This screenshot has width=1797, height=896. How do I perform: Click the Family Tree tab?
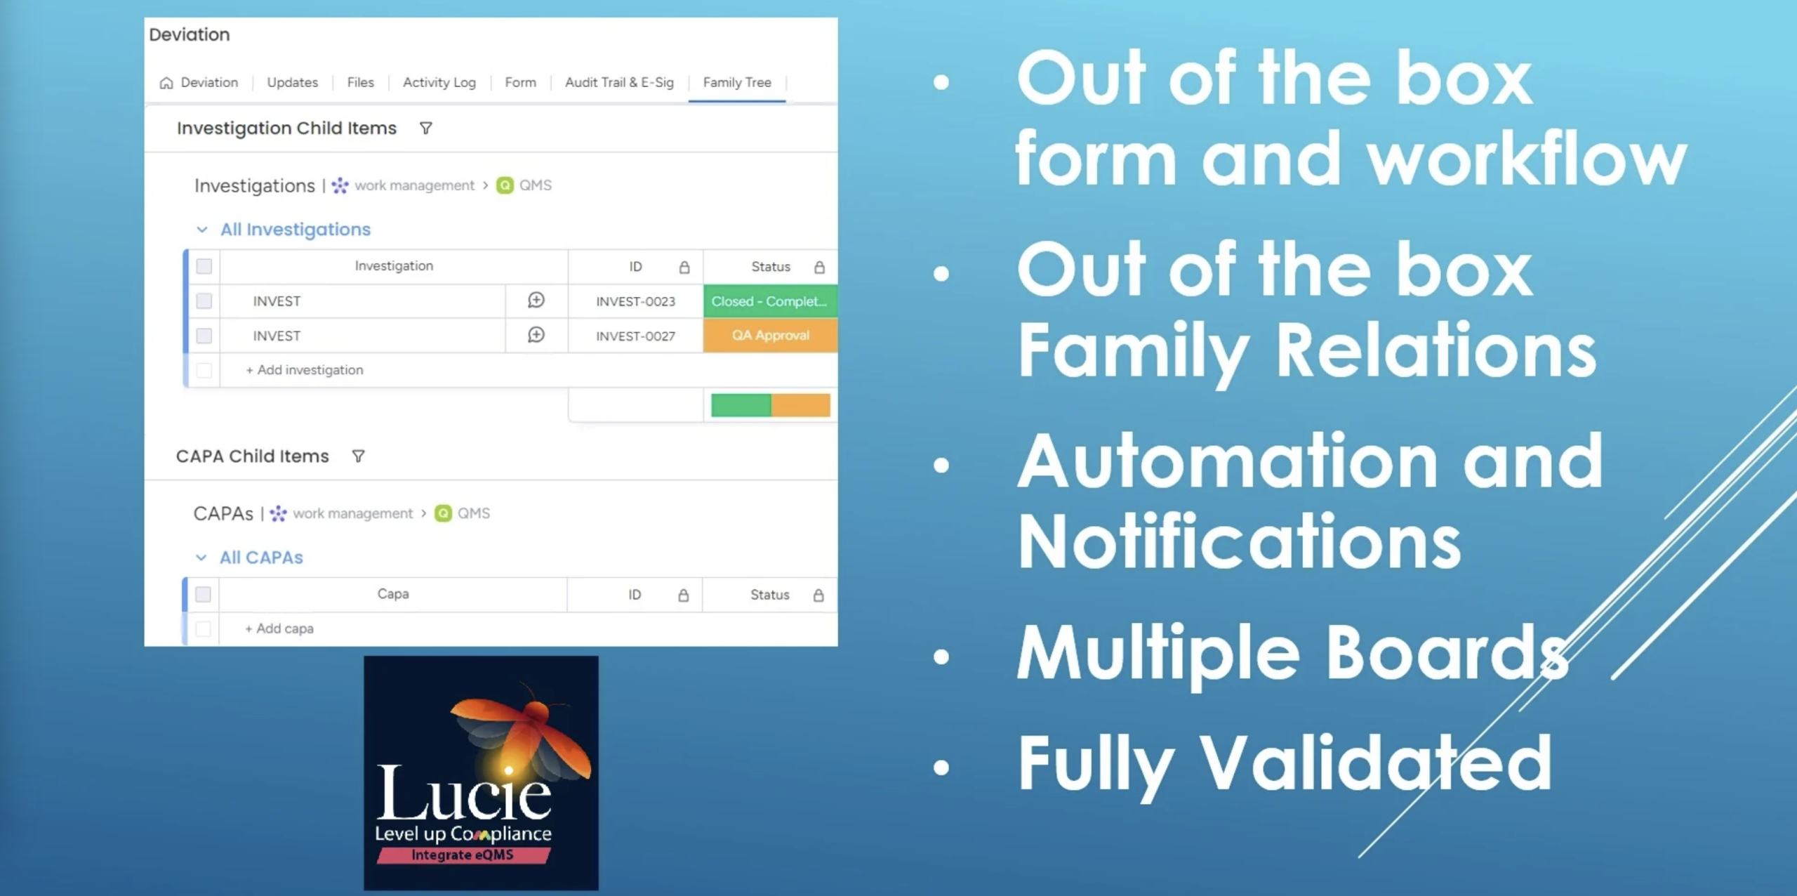pyautogui.click(x=737, y=83)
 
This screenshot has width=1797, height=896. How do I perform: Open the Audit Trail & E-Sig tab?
pyautogui.click(x=619, y=83)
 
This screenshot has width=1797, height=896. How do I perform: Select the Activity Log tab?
pyautogui.click(x=439, y=83)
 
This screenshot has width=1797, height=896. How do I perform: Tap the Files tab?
pyautogui.click(x=361, y=83)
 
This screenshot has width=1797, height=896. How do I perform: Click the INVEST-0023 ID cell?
pyautogui.click(x=636, y=301)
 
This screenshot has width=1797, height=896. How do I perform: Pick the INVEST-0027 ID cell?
pyautogui.click(x=636, y=336)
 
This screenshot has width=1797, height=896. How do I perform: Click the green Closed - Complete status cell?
pyautogui.click(x=770, y=301)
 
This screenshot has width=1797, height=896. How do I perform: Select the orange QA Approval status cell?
pyautogui.click(x=770, y=336)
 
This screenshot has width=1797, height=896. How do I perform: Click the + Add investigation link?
pyautogui.click(x=305, y=370)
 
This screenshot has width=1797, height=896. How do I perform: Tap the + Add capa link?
pyautogui.click(x=279, y=628)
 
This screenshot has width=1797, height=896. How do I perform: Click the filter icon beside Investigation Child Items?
pyautogui.click(x=426, y=129)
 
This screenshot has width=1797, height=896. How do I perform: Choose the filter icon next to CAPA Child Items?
pyautogui.click(x=358, y=456)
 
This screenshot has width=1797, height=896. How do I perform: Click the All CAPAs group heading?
pyautogui.click(x=261, y=558)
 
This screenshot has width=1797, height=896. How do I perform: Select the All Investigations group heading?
pyautogui.click(x=296, y=230)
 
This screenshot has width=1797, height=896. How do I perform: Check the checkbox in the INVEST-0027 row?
pyautogui.click(x=204, y=336)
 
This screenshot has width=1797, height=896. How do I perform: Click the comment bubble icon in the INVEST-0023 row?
pyautogui.click(x=536, y=301)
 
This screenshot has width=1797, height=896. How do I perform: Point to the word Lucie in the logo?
pyautogui.click(x=464, y=794)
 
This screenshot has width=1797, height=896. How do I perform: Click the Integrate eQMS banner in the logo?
pyautogui.click(x=463, y=855)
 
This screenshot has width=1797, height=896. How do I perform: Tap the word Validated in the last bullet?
pyautogui.click(x=1376, y=763)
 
